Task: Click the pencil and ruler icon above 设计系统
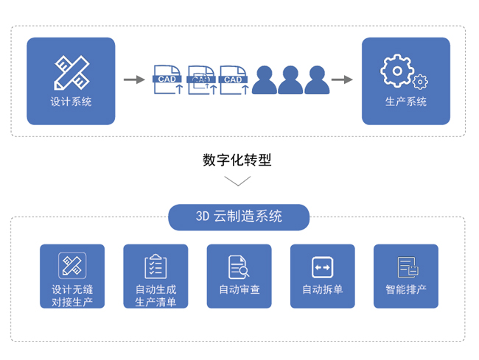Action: pyautogui.click(x=71, y=71)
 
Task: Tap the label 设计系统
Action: pyautogui.click(x=71, y=102)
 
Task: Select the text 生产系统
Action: pyautogui.click(x=406, y=102)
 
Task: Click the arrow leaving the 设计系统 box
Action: pyautogui.click(x=133, y=80)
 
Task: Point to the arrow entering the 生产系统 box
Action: pyautogui.click(x=342, y=80)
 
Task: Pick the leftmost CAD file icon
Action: pyautogui.click(x=168, y=80)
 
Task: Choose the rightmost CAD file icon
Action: pyautogui.click(x=234, y=80)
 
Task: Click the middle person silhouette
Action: pyautogui.click(x=289, y=80)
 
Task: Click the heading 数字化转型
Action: pyautogui.click(x=237, y=160)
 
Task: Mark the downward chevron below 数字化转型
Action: pyautogui.click(x=237, y=181)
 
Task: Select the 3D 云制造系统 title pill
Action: pyautogui.click(x=239, y=216)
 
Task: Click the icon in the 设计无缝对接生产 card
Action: pyautogui.click(x=72, y=265)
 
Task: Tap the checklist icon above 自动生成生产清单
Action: pyautogui.click(x=155, y=266)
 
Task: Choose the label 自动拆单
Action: pyautogui.click(x=323, y=289)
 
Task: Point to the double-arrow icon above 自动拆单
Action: pyautogui.click(x=323, y=266)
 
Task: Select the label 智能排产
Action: pyautogui.click(x=406, y=289)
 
